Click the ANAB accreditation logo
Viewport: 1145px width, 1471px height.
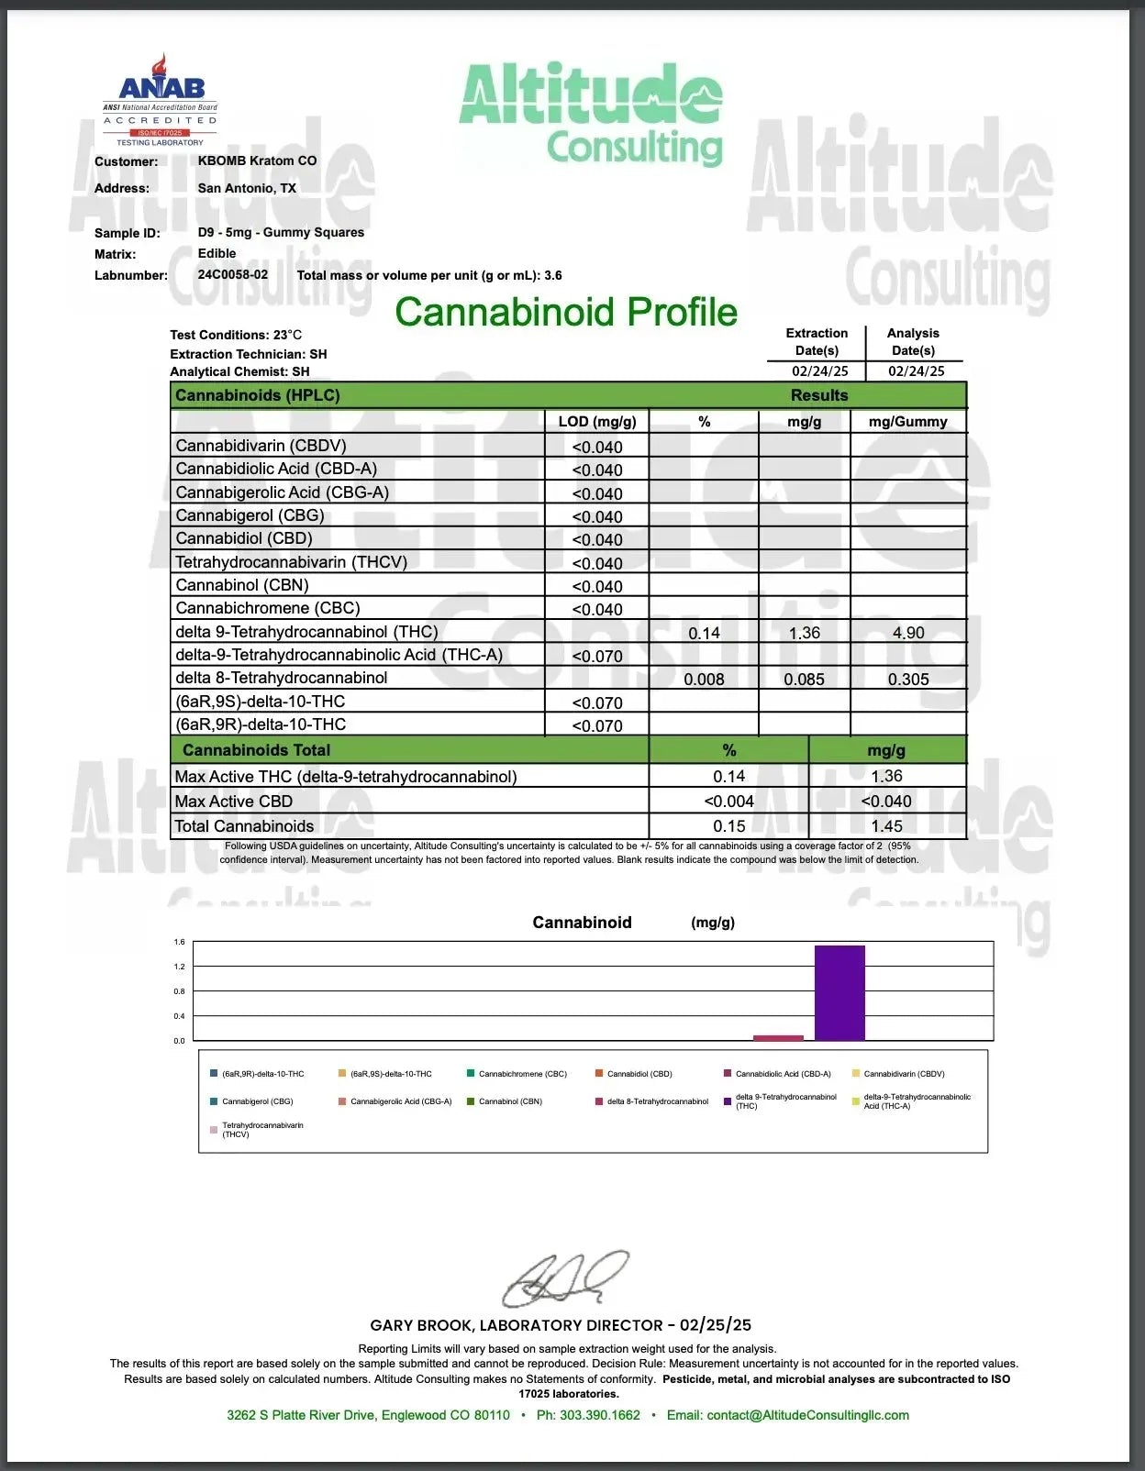point(161,99)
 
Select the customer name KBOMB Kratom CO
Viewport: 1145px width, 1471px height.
point(257,160)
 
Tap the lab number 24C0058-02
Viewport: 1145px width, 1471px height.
point(233,274)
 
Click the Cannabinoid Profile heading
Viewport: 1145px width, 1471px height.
point(566,312)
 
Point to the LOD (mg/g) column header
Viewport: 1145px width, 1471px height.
point(596,422)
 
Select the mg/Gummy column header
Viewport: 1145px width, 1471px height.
point(907,422)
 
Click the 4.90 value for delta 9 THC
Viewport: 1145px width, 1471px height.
point(908,633)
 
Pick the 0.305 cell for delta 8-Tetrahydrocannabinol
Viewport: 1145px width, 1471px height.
point(908,680)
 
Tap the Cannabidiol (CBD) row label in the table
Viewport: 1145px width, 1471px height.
point(244,538)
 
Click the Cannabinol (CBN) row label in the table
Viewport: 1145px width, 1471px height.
point(242,585)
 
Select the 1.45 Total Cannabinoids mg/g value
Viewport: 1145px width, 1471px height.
point(887,826)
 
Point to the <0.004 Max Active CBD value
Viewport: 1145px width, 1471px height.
point(728,802)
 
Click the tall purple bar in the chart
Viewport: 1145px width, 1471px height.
point(839,992)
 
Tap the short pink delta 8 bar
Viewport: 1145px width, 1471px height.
point(778,1037)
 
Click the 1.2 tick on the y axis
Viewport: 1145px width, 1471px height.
point(179,967)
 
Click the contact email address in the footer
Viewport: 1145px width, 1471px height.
point(807,1415)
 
